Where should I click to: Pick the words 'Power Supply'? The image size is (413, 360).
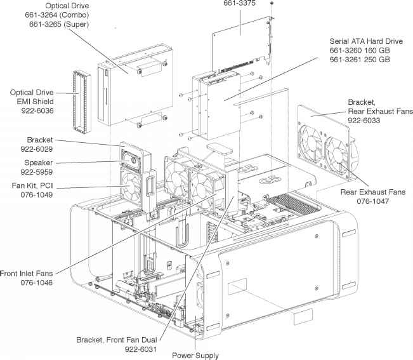[195, 355]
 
